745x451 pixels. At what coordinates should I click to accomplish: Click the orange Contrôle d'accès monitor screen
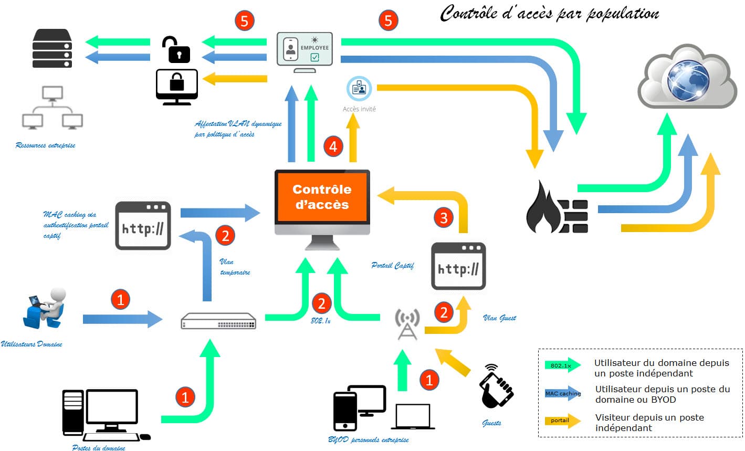(322, 197)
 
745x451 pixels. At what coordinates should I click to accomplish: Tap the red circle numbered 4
(333, 146)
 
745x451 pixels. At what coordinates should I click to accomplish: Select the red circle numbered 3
(444, 217)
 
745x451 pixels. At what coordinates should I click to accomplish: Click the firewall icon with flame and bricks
(557, 207)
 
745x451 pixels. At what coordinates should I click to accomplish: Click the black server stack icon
(52, 48)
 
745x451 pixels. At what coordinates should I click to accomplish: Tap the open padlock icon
(176, 49)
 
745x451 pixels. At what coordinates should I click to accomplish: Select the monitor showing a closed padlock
(177, 86)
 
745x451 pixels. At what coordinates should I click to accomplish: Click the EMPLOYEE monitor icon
(305, 51)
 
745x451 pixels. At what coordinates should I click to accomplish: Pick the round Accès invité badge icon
(359, 88)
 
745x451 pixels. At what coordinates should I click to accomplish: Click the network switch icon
(218, 321)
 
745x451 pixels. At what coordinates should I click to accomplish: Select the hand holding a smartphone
(496, 386)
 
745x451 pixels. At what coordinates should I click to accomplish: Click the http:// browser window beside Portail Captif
(458, 266)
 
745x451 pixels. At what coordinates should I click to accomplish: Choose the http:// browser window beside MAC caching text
(143, 225)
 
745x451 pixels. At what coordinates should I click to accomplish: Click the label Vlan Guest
(499, 318)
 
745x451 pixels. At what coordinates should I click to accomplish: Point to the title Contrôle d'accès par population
(549, 14)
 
